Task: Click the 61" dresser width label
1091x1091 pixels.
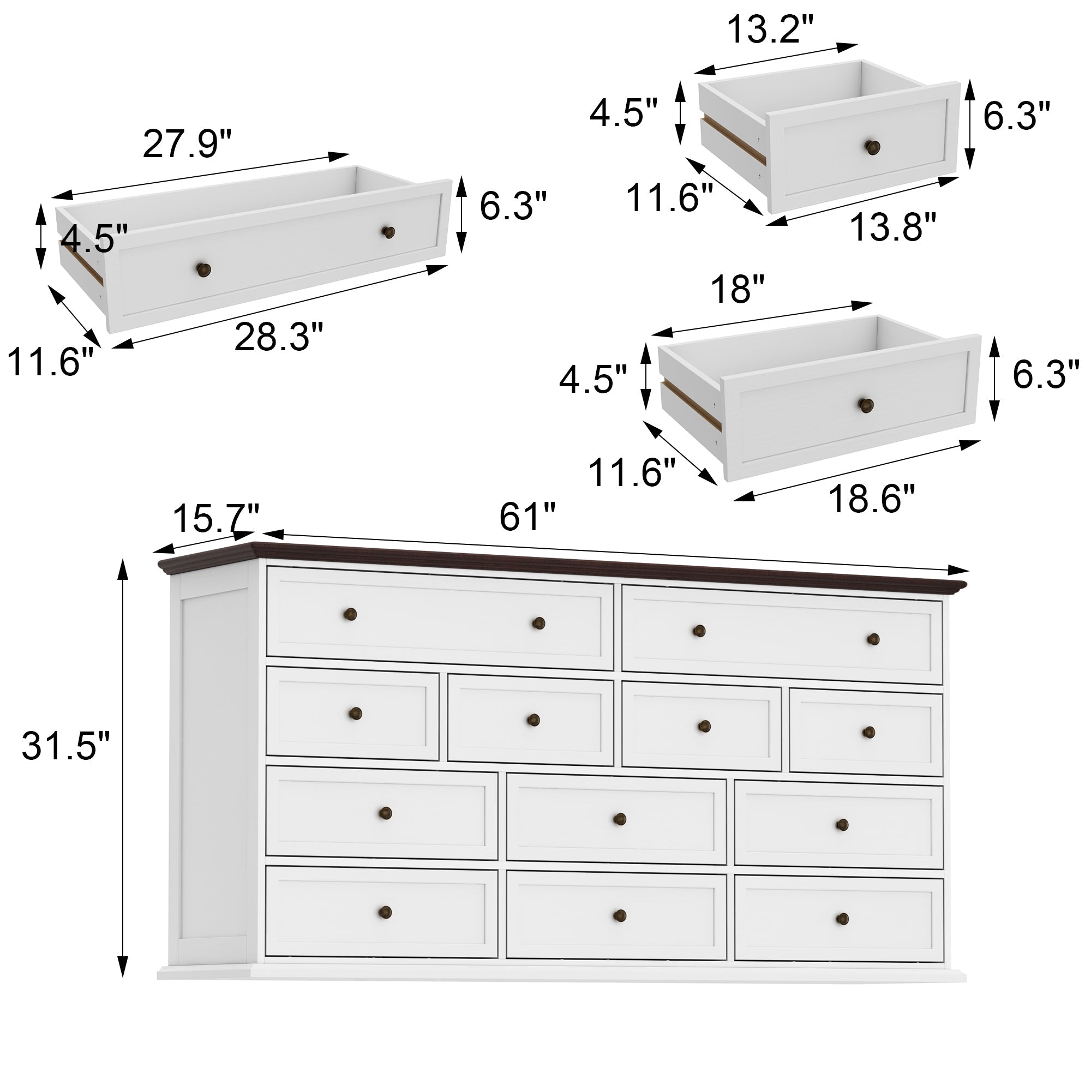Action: (527, 517)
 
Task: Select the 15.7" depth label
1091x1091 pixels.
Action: (215, 518)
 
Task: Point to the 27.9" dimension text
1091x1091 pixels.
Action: (187, 144)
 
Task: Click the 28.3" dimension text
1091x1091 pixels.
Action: (279, 337)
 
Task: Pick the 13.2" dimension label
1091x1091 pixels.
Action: (770, 29)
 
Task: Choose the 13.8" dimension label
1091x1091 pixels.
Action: (893, 227)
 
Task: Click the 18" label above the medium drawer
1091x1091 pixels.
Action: (737, 290)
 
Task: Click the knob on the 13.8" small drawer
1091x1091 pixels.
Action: (872, 147)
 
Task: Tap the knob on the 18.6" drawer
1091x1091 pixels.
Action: (866, 404)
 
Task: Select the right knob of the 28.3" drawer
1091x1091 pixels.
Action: (388, 231)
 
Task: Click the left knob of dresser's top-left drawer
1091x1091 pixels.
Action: (350, 614)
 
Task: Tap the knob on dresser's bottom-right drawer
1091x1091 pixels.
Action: (842, 919)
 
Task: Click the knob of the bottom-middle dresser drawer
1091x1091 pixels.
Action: (620, 915)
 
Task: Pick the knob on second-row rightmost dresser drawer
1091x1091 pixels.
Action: (868, 733)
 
